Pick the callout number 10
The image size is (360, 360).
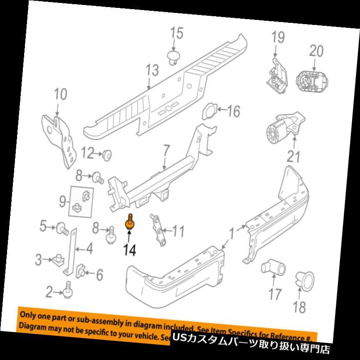tap(60, 94)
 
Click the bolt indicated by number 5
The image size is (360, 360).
tap(64, 227)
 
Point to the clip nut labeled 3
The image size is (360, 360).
tap(57, 261)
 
